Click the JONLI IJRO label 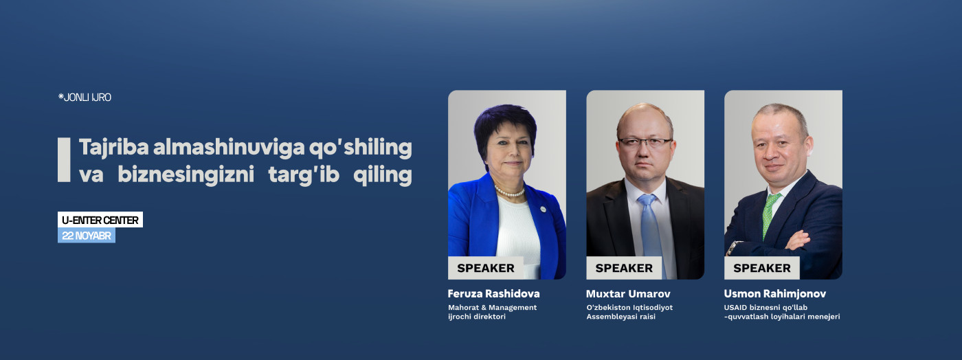(85, 98)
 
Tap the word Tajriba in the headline (114, 147)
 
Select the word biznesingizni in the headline (186, 175)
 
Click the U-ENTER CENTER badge (100, 220)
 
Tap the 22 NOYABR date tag (87, 236)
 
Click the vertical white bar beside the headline (64, 160)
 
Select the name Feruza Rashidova (493, 294)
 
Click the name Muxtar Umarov (628, 294)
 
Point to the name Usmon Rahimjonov (775, 294)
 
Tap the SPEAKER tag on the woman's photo (486, 268)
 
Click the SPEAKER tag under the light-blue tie (624, 268)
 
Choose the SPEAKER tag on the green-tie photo (762, 268)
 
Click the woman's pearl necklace (509, 192)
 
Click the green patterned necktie (770, 215)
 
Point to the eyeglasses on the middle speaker (645, 142)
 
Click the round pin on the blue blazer (543, 210)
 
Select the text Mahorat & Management (492, 308)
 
